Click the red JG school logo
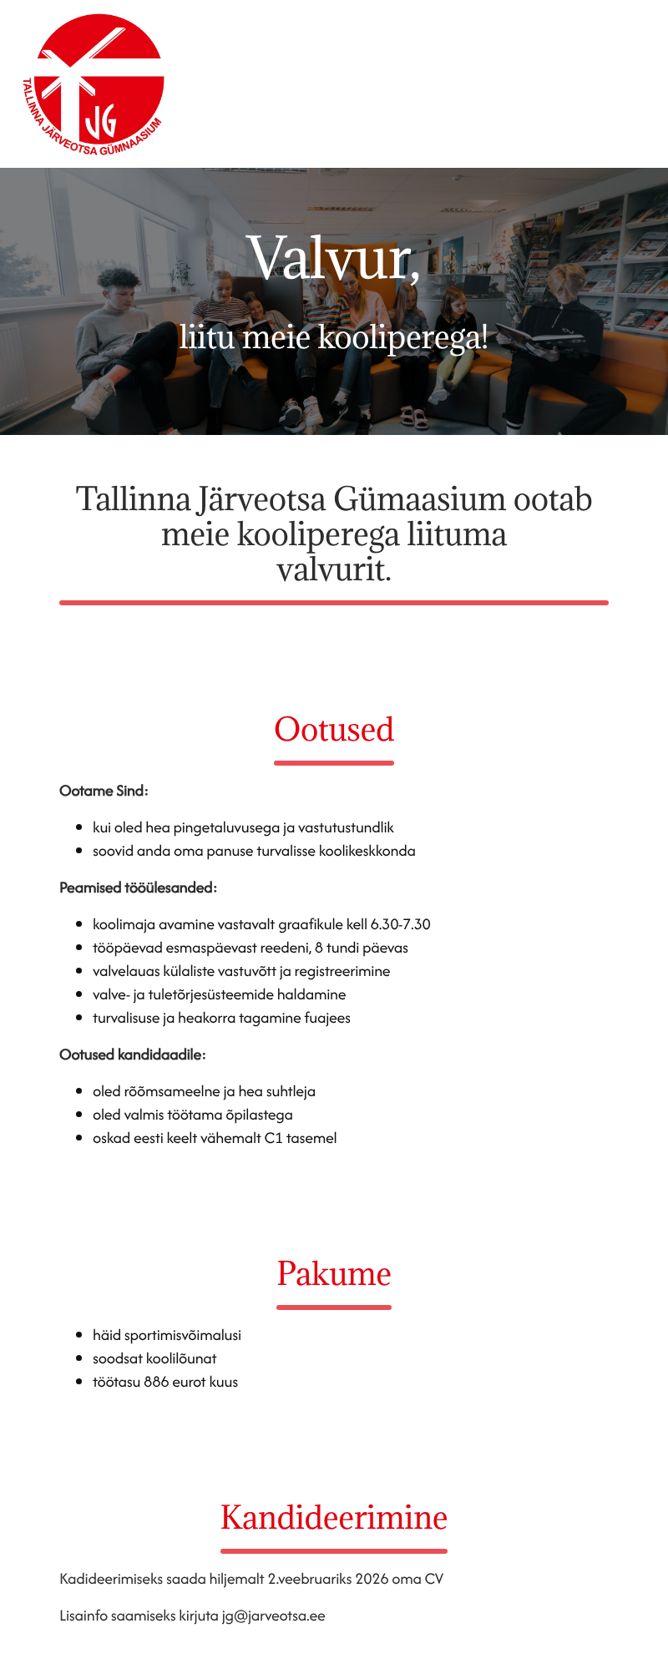coord(93,84)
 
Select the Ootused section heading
coord(334,730)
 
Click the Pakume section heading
coord(334,1274)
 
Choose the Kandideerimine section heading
coord(334,1518)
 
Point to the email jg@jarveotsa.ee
coord(273,1616)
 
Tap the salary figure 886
coord(156,1382)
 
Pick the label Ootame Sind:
coord(104,791)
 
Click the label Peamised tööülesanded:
coord(138,888)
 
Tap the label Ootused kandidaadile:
coord(132,1054)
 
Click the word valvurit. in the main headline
coord(334,569)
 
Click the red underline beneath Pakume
coord(334,1307)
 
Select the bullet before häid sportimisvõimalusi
coord(79,1335)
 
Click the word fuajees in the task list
coord(326,1018)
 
